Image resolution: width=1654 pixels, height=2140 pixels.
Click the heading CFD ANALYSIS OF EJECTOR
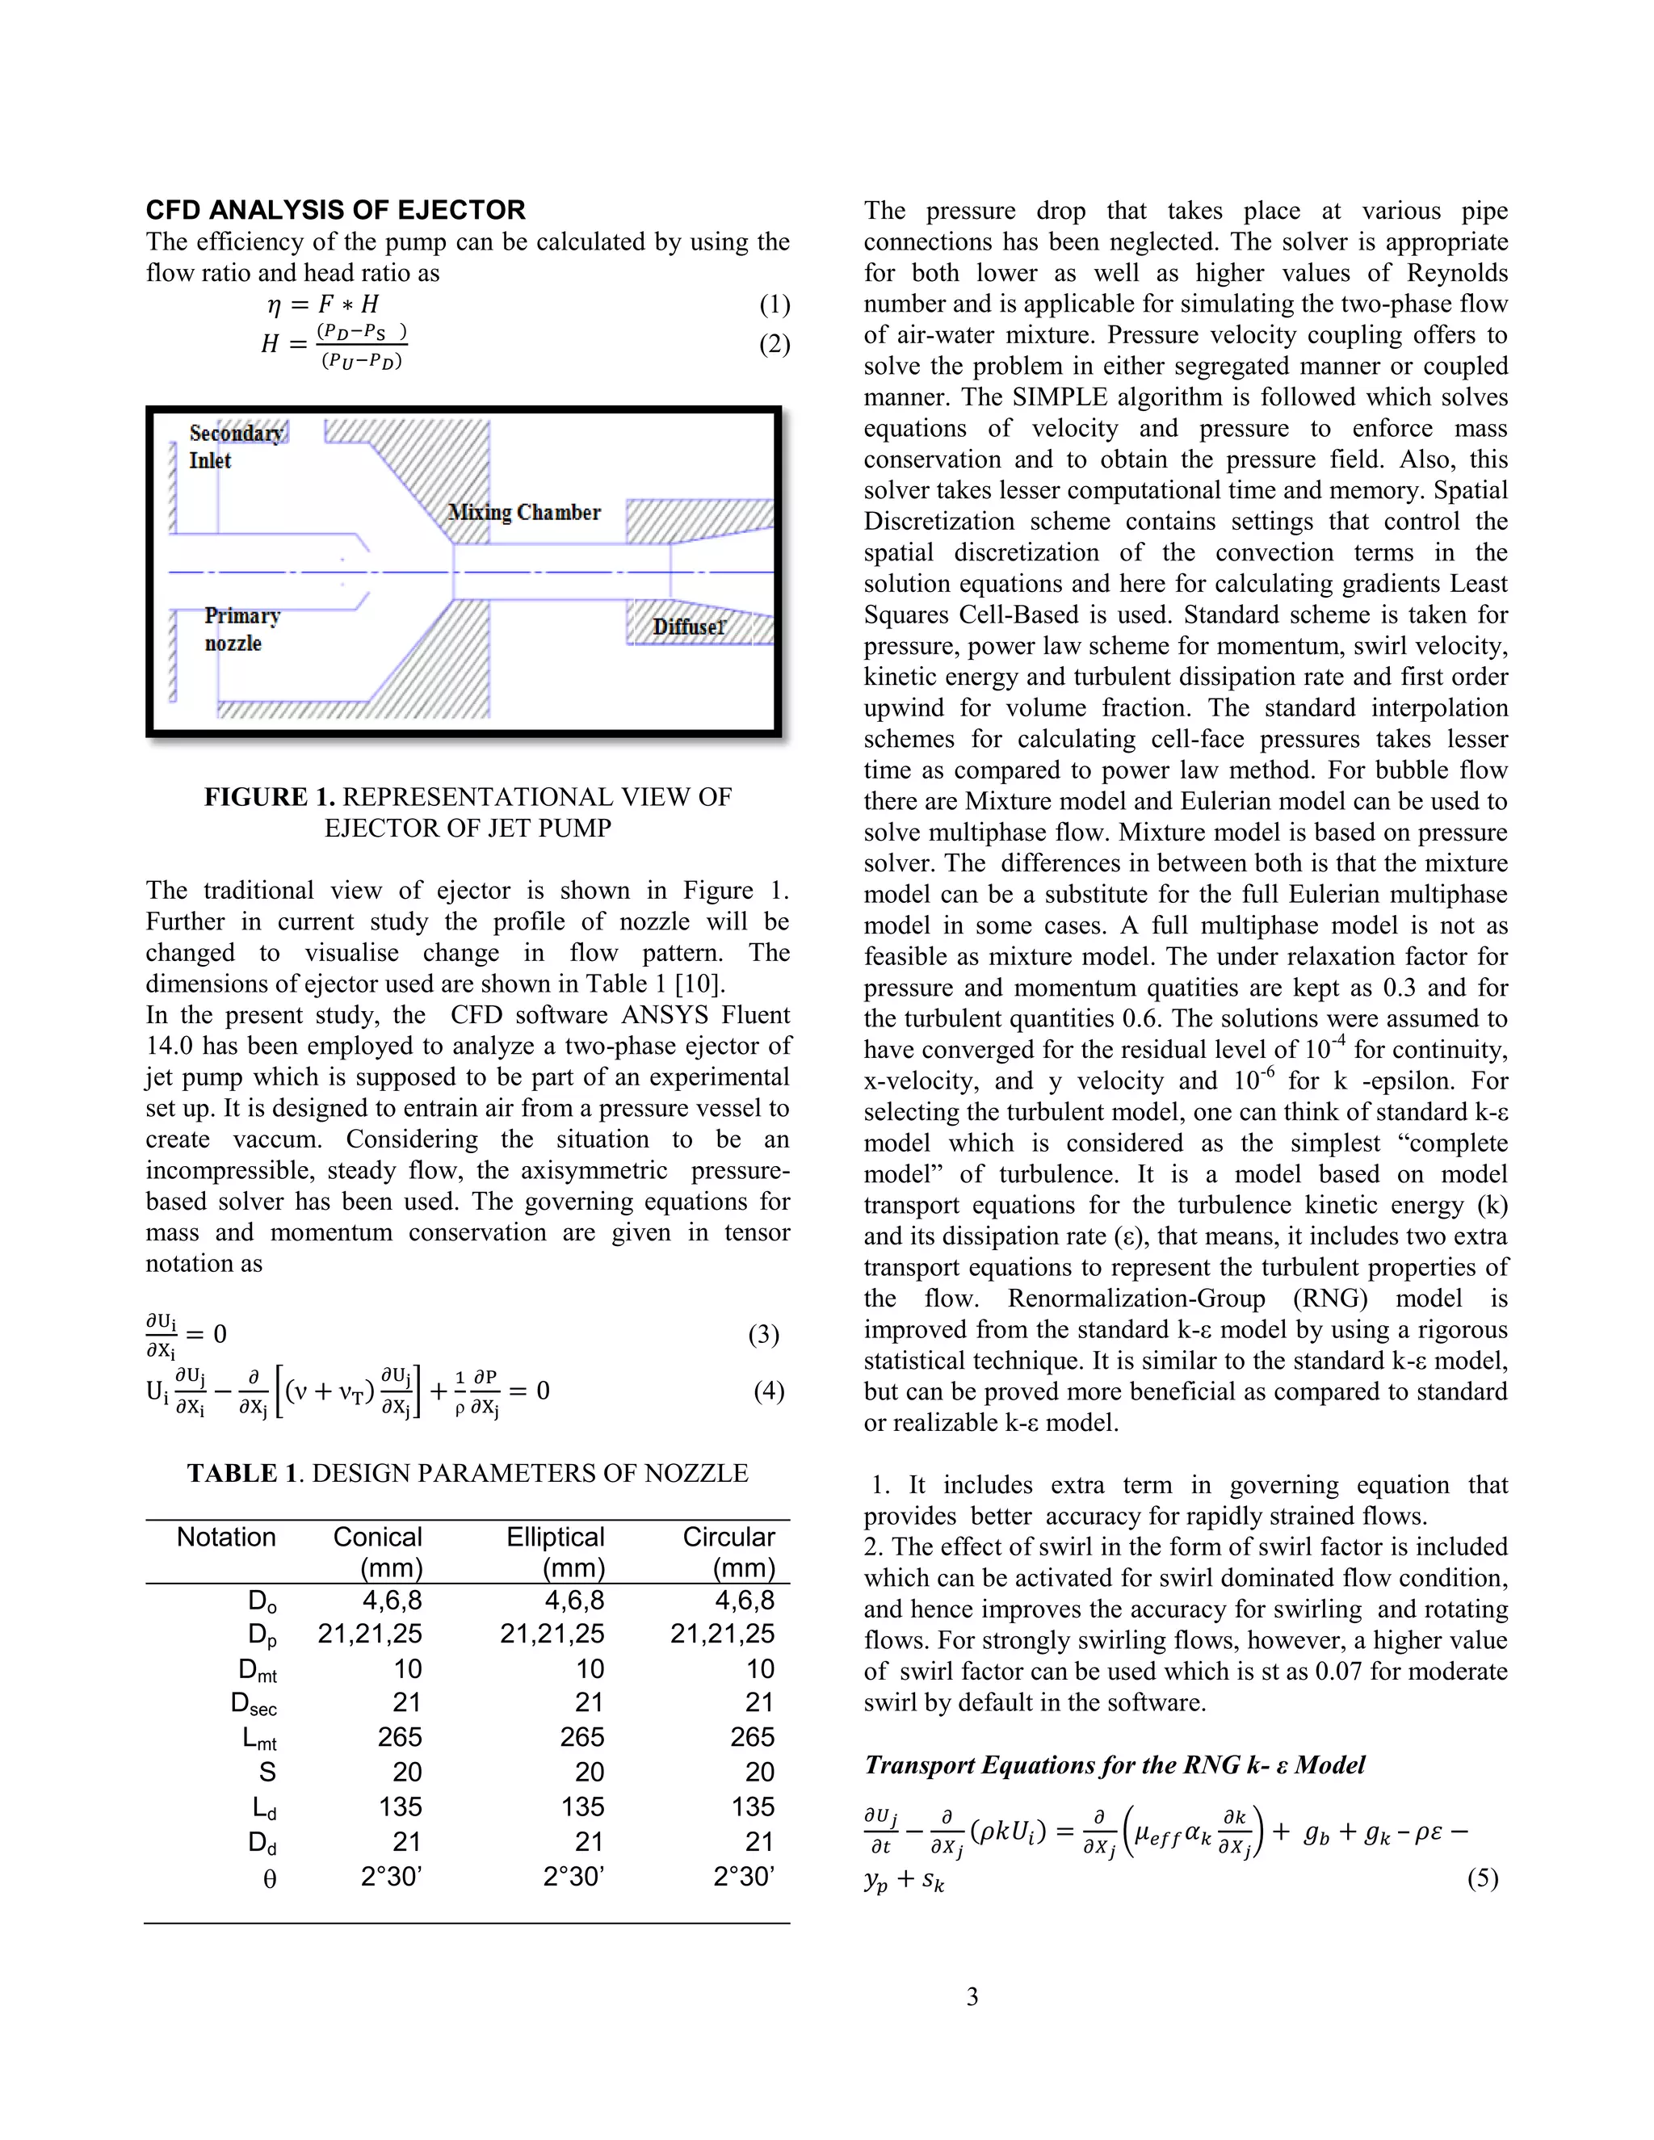[x=335, y=210]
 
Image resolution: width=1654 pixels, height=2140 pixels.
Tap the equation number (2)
[x=774, y=344]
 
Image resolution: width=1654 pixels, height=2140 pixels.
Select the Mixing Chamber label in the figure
[x=523, y=513]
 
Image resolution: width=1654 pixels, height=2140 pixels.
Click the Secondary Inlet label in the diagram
[x=235, y=447]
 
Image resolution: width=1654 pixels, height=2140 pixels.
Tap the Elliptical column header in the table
[x=555, y=1537]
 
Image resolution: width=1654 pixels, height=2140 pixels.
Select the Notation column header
[x=226, y=1537]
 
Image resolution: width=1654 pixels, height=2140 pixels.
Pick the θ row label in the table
[x=270, y=1879]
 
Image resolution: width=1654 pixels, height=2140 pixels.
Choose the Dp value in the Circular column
[x=722, y=1634]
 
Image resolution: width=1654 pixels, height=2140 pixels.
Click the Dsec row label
[x=254, y=1704]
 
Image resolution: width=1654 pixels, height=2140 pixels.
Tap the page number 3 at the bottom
[x=972, y=1996]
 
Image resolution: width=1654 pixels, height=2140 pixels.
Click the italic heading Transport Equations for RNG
[x=1114, y=1764]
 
